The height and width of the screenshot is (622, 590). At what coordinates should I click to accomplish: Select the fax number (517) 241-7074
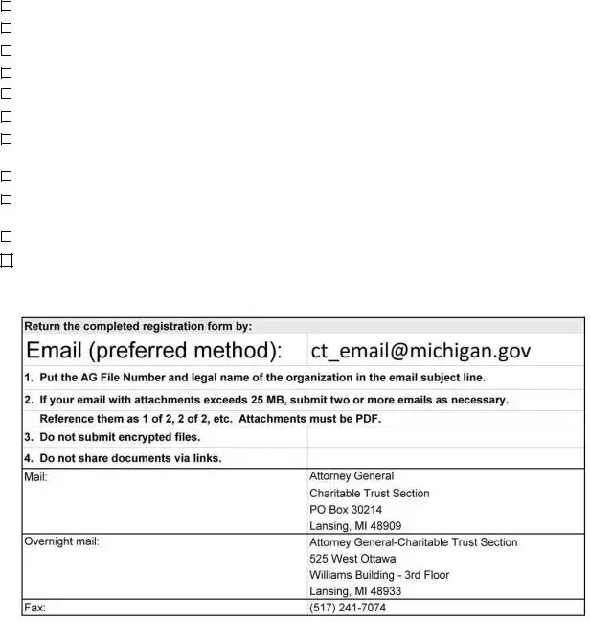tap(348, 608)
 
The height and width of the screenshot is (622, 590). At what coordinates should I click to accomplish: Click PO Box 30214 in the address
tap(346, 510)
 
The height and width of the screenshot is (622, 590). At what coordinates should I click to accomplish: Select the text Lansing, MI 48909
tap(355, 526)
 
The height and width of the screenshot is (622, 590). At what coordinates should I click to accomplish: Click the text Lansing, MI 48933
tap(355, 591)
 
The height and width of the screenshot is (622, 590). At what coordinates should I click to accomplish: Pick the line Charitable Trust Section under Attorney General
tap(369, 494)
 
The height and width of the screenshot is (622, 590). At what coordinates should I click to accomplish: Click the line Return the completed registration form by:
tap(138, 326)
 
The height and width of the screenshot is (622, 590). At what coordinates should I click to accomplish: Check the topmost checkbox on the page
tap(6, 5)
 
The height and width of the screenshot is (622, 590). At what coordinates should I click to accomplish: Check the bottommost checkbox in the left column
tap(6, 260)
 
